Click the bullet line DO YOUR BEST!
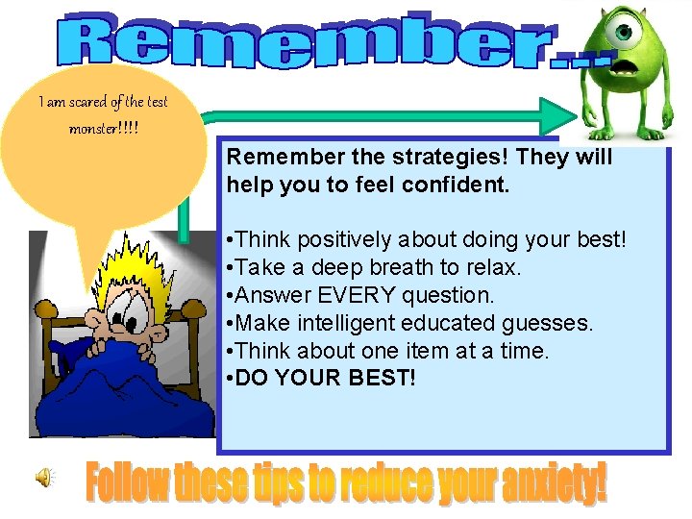point(321,377)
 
